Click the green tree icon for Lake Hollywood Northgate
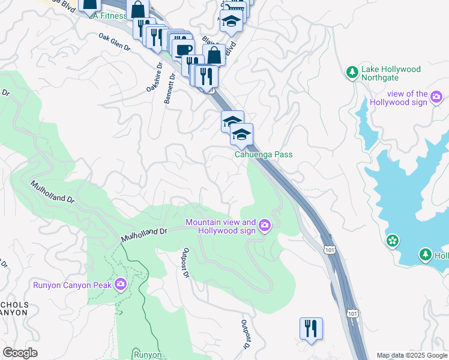[x=352, y=73]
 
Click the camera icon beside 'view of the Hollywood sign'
[x=436, y=96]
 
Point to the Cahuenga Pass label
[x=263, y=154]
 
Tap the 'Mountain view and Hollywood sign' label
[x=220, y=226]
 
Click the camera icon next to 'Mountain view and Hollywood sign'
[x=265, y=226]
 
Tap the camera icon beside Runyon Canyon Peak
[x=121, y=283]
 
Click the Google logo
[x=20, y=353]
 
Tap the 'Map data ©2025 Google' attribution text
[x=412, y=355]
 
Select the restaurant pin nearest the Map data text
[x=311, y=329]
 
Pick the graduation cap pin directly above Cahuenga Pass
[x=241, y=134]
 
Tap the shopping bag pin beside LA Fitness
[x=138, y=10]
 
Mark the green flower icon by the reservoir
[x=393, y=241]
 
